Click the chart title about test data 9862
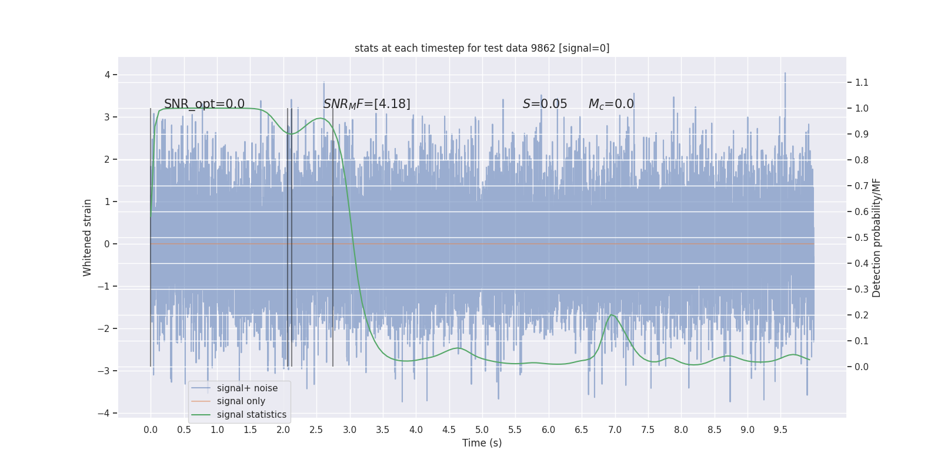pyautogui.click(x=482, y=48)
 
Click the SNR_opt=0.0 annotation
pyautogui.click(x=204, y=104)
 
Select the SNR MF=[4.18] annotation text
pyautogui.click(x=366, y=104)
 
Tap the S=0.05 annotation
pyautogui.click(x=545, y=104)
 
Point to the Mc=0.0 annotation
pyautogui.click(x=611, y=104)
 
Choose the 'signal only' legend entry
pyautogui.click(x=241, y=401)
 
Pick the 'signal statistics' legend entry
pyautogui.click(x=251, y=415)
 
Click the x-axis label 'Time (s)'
pyautogui.click(x=482, y=443)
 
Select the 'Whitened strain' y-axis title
pyautogui.click(x=88, y=237)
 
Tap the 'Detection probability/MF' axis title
pyautogui.click(x=876, y=237)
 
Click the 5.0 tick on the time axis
pyautogui.click(x=482, y=429)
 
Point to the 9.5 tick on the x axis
pyautogui.click(x=780, y=429)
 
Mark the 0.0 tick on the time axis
pyautogui.click(x=151, y=429)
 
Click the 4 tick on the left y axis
pyautogui.click(x=108, y=75)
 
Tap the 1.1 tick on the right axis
pyautogui.click(x=862, y=82)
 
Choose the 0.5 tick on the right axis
pyautogui.click(x=862, y=237)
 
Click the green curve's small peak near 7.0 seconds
pyautogui.click(x=612, y=315)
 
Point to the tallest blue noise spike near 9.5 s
pyautogui.click(x=785, y=74)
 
